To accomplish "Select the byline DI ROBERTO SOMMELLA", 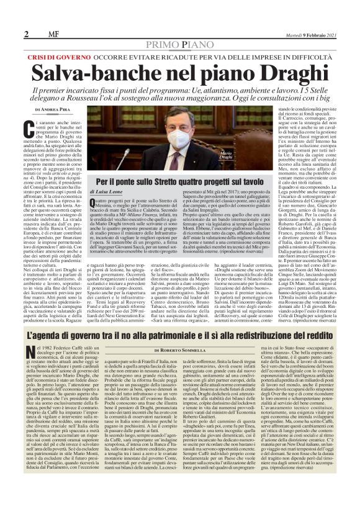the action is pos(179,349).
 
